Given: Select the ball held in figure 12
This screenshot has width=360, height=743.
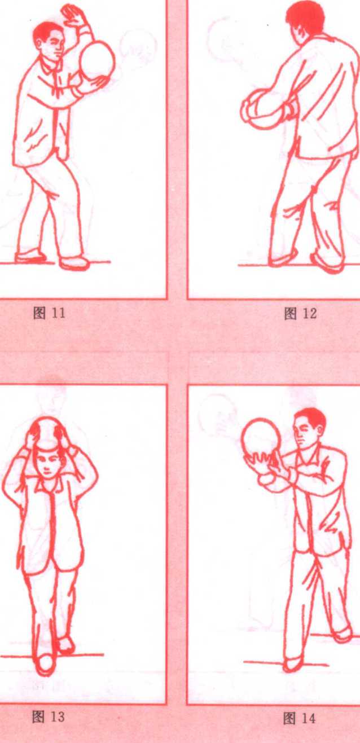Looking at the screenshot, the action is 262,109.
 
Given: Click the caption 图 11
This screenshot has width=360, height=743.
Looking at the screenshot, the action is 49,313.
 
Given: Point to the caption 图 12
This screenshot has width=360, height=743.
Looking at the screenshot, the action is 300,313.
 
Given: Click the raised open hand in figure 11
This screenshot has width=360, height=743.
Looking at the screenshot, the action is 74,15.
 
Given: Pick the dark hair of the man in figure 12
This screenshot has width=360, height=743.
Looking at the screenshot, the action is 305,16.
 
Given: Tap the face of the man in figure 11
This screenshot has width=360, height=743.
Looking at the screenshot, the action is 53,45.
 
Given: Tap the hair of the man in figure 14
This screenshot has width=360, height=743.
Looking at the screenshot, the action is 311,417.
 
